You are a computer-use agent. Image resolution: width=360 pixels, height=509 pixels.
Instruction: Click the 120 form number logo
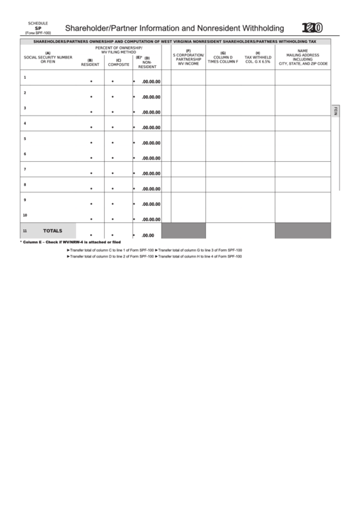point(312,28)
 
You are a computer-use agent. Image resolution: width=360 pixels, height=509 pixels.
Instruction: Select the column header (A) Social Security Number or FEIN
point(48,57)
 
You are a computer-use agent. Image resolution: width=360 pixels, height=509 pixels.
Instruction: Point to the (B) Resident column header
point(90,63)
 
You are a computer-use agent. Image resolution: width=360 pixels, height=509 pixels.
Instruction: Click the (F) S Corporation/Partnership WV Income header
point(188,57)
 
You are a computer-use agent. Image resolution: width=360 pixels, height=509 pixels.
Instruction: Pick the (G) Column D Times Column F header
point(223,57)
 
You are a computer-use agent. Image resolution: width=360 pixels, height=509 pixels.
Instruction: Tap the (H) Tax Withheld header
point(257,57)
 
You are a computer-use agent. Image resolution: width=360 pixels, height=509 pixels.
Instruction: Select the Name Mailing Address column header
point(303,57)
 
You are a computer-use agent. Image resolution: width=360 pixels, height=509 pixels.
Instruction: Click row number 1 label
point(25,77)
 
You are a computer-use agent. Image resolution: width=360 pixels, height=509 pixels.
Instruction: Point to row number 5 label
point(25,139)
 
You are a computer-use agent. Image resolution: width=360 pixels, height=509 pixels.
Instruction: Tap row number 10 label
point(25,215)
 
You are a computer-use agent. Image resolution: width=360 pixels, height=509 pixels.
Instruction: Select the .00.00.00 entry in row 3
point(151,112)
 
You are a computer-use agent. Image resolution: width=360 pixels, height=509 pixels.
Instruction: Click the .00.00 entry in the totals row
point(148,235)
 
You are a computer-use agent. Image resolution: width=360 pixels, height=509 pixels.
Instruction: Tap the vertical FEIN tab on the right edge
point(335,111)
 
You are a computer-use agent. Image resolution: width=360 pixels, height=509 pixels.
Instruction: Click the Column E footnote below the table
point(70,242)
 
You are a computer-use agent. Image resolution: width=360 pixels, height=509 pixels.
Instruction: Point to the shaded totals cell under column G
point(223,231)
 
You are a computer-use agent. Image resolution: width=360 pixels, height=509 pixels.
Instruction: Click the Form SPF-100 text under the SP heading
point(38,33)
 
